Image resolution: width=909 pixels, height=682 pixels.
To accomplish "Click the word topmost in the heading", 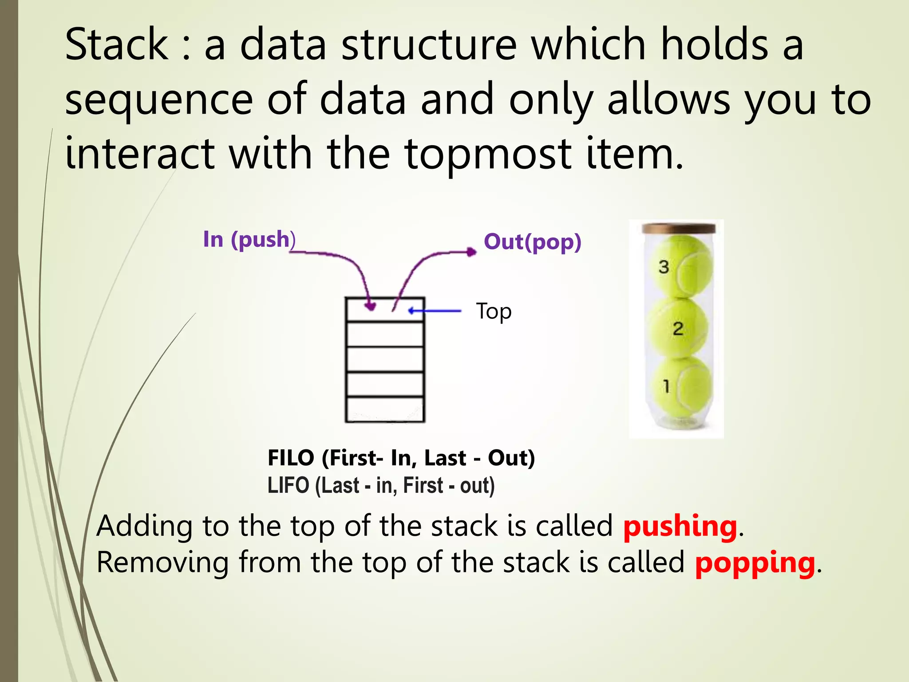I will point(488,154).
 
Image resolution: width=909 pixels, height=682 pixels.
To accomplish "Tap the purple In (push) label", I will point(249,239).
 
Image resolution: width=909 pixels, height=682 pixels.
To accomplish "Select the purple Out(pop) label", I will point(532,242).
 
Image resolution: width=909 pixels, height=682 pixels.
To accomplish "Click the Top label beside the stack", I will point(494,311).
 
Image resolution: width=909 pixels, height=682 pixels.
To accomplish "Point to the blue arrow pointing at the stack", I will point(435,311).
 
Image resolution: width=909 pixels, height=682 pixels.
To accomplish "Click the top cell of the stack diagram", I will point(385,310).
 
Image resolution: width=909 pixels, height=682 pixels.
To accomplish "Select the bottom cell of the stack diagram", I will point(385,409).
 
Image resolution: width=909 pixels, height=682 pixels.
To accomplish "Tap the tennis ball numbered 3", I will point(681,266).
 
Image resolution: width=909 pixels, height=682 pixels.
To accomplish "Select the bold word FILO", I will point(291,458).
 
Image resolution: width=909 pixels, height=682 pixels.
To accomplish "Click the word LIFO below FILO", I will point(288,485).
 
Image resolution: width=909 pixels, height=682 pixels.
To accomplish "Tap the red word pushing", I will point(680,526).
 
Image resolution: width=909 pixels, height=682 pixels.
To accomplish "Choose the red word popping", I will point(755,563).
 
